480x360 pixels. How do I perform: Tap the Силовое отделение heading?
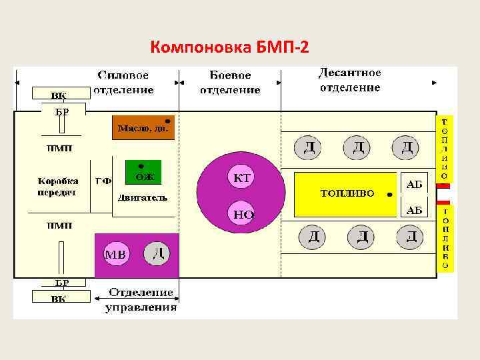pyautogui.click(x=123, y=83)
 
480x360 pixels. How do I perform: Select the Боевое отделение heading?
pyautogui.click(x=229, y=83)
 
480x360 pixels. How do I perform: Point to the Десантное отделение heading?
pyautogui.click(x=349, y=80)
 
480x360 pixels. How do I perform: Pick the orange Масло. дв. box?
pyautogui.click(x=143, y=127)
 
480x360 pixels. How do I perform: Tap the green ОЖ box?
pyautogui.click(x=144, y=173)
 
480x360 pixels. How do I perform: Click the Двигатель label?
pyautogui.click(x=142, y=198)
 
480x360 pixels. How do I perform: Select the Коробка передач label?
pyautogui.click(x=57, y=187)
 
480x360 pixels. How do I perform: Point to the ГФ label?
pyautogui.click(x=102, y=181)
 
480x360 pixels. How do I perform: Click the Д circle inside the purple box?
pyautogui.click(x=157, y=253)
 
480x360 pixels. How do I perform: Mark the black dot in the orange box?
pyautogui.click(x=167, y=122)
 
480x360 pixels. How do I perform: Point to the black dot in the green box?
pyautogui.click(x=140, y=165)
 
